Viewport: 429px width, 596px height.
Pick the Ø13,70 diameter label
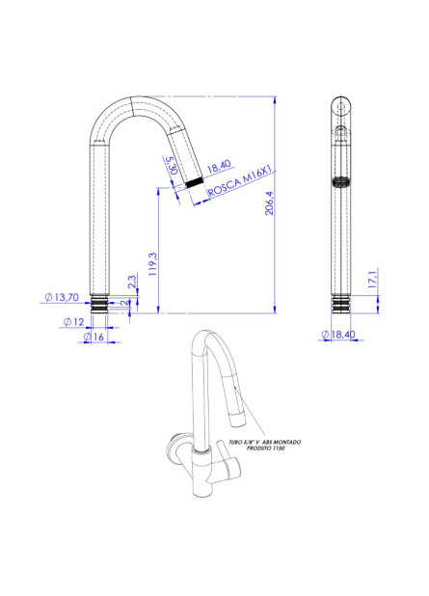61,298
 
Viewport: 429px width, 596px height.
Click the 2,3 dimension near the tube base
131,282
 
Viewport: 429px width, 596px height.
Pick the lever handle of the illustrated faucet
229,467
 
